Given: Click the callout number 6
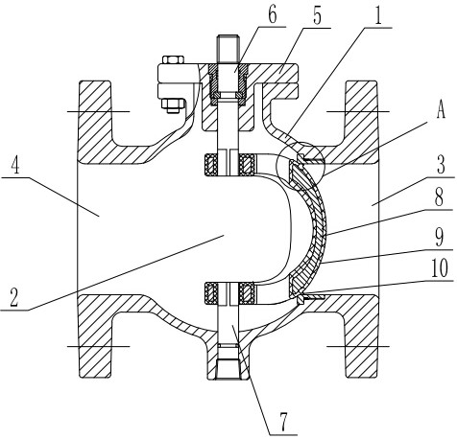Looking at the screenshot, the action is coord(273,15).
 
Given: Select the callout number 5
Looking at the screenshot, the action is coord(317,16).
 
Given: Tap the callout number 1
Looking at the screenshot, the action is coord(378,16).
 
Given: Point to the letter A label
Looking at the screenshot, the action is coord(441,110).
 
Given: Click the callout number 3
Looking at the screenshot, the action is coord(441,165).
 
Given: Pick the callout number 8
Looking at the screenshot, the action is coord(439,197).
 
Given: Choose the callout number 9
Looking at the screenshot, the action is coord(439,238).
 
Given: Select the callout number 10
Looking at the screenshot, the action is coord(440,268).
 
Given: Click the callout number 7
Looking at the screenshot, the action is coord(283,422).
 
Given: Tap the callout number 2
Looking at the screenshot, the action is coord(14,297).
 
